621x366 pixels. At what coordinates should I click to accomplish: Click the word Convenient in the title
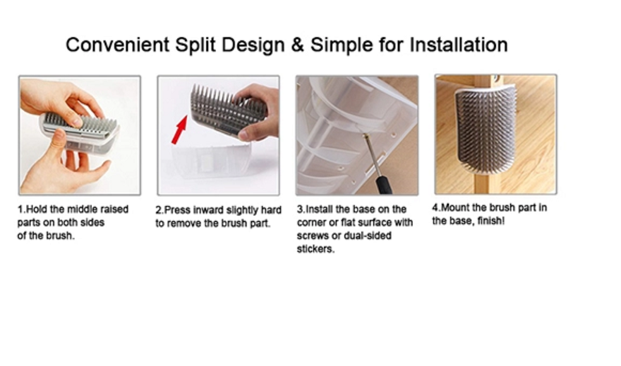click(x=117, y=45)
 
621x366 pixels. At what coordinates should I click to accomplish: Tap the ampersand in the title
click(x=297, y=45)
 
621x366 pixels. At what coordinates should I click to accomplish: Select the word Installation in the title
click(x=458, y=45)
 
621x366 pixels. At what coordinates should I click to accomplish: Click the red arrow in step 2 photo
click(x=179, y=129)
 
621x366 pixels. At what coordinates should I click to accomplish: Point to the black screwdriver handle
click(x=383, y=185)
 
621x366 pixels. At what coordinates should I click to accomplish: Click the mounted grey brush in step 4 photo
click(x=486, y=127)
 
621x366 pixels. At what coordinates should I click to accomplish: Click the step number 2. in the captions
click(x=160, y=210)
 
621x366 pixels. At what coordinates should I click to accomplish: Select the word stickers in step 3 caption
click(x=315, y=249)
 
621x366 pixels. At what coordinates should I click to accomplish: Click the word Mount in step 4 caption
click(x=455, y=208)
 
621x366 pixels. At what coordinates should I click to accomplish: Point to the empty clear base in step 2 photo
click(x=211, y=161)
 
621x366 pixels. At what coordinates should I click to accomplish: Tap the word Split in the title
click(x=196, y=45)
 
